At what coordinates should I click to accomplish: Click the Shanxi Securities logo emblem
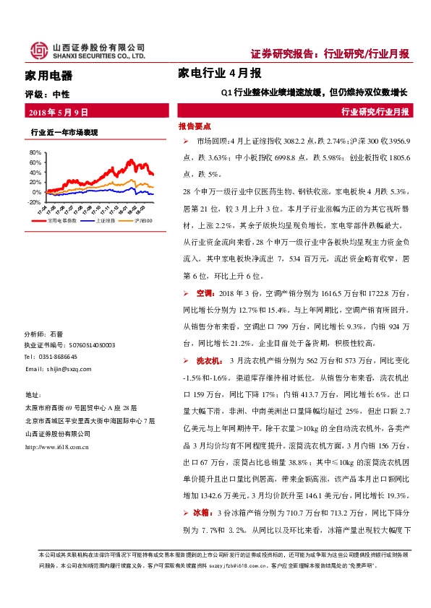tap(35, 50)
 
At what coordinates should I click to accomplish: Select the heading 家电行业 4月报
tap(219, 73)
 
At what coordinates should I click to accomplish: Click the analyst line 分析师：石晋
tap(44, 334)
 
